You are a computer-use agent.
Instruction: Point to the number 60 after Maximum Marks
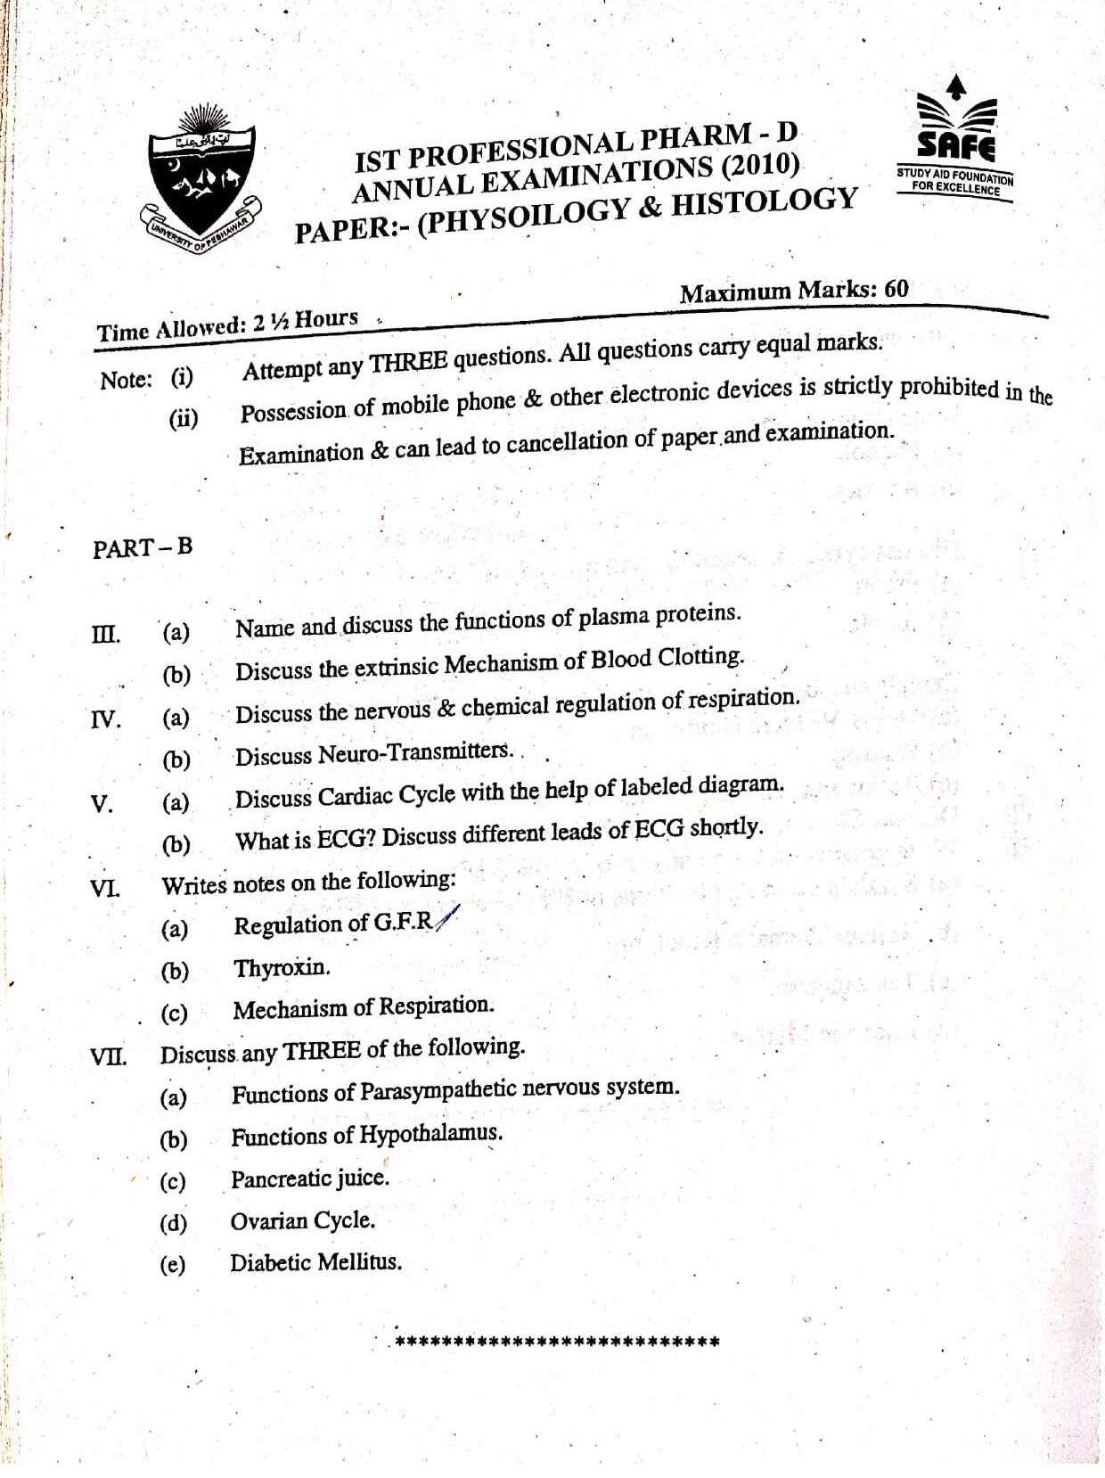click(896, 289)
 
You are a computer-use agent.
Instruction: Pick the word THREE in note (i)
click(408, 362)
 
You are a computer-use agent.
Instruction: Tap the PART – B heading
click(143, 547)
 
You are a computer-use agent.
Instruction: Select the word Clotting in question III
click(700, 658)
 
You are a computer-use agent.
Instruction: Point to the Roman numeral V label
click(102, 804)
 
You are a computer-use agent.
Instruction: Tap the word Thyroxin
click(282, 968)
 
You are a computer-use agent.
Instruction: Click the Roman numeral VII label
click(108, 1057)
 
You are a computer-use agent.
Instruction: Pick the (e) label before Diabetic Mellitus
click(172, 1264)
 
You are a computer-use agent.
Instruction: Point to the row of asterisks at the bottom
click(556, 1341)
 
